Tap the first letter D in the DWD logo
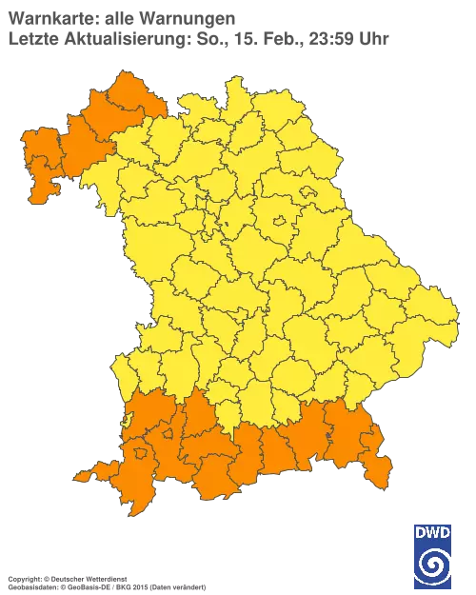click(x=420, y=534)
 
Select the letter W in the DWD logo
click(x=433, y=534)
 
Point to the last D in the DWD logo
click(x=446, y=534)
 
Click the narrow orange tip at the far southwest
click(x=83, y=473)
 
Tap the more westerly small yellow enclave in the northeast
click(x=280, y=221)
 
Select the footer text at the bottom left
click(x=105, y=578)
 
